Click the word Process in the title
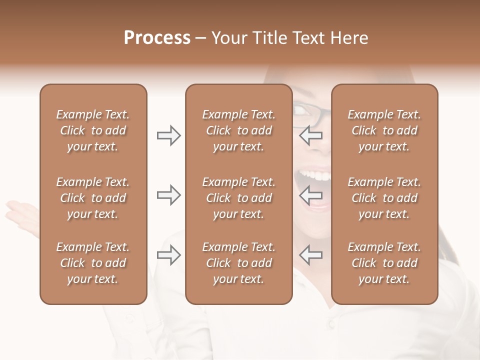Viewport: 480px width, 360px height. tap(157, 38)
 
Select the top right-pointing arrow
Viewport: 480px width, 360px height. tap(168, 135)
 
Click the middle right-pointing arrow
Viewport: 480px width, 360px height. tap(168, 195)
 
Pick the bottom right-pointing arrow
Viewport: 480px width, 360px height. tap(168, 255)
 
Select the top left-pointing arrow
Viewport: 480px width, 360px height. tap(310, 135)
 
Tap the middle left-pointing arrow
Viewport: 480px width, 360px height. tap(310, 195)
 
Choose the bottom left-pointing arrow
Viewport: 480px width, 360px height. tap(310, 255)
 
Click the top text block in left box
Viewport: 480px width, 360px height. tap(93, 130)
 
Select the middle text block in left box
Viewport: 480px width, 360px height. tap(93, 198)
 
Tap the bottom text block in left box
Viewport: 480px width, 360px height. tap(93, 263)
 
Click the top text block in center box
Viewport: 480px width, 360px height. tap(238, 130)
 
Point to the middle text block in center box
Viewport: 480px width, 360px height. tap(238, 198)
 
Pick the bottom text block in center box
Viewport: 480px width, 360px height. tap(238, 263)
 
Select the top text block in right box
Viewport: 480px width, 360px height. tap(384, 130)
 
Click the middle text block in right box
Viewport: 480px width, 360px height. tap(384, 198)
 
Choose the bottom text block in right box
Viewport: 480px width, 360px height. tap(384, 263)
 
